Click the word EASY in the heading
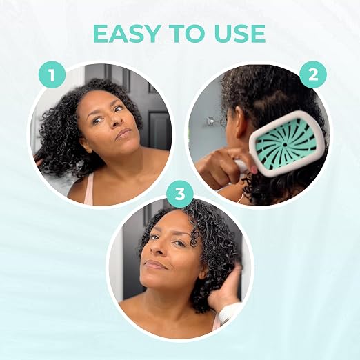coord(126,34)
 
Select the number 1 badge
coord(52,74)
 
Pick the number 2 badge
coord(313,74)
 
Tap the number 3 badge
coord(180,194)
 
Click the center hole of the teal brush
coord(285,145)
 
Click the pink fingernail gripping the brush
coord(254,170)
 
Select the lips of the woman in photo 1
coord(123,134)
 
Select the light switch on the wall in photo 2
coord(210,121)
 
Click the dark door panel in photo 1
coord(159,129)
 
